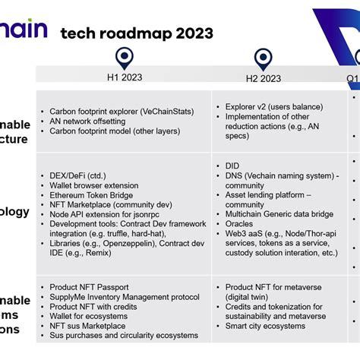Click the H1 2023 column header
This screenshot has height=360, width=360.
point(123,77)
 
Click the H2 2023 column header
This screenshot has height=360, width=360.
point(263,77)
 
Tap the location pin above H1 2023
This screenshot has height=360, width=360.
point(124,58)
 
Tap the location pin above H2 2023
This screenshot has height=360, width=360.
point(263,58)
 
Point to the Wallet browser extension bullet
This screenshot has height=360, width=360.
point(94,185)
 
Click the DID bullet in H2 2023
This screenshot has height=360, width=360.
point(232,166)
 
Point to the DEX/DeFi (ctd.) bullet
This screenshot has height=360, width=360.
point(78,175)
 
